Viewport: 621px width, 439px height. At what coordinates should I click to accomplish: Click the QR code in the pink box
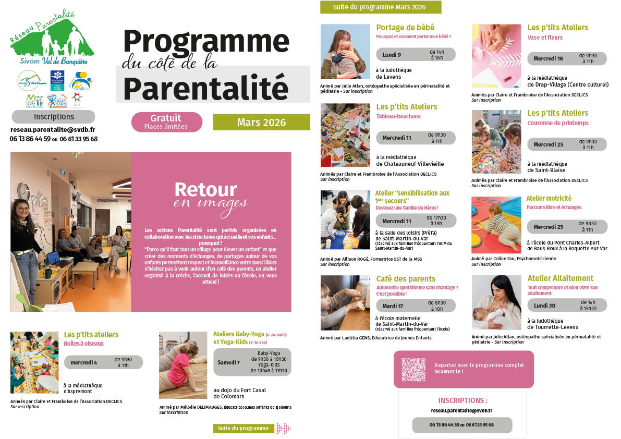[x=413, y=369]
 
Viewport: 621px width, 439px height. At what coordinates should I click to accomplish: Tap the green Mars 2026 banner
[x=261, y=123]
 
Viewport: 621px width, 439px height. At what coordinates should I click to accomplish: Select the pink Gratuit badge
[x=166, y=121]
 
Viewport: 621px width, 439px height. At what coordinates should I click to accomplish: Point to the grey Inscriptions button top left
[x=54, y=117]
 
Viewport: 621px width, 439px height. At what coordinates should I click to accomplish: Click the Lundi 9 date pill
[x=415, y=55]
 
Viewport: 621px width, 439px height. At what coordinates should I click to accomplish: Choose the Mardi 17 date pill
[x=416, y=306]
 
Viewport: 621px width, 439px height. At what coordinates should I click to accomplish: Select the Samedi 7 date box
[x=252, y=362]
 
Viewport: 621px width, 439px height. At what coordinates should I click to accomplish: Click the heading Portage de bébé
[x=405, y=28]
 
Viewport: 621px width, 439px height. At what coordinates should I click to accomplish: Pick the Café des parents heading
[x=406, y=278]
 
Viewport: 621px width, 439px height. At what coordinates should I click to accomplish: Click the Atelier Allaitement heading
[x=560, y=278]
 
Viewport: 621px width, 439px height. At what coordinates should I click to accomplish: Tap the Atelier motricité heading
[x=549, y=198]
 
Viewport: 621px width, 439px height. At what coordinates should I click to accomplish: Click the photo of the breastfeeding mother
[x=496, y=302]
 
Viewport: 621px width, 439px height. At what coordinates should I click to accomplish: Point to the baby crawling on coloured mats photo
[x=496, y=224]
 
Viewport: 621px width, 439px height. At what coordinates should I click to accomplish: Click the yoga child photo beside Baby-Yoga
[x=183, y=365]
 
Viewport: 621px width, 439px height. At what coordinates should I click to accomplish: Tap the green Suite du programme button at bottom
[x=243, y=428]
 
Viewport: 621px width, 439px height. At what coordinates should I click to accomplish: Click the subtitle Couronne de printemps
[x=557, y=123]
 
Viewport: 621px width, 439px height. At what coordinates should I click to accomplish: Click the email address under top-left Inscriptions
[x=53, y=130]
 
